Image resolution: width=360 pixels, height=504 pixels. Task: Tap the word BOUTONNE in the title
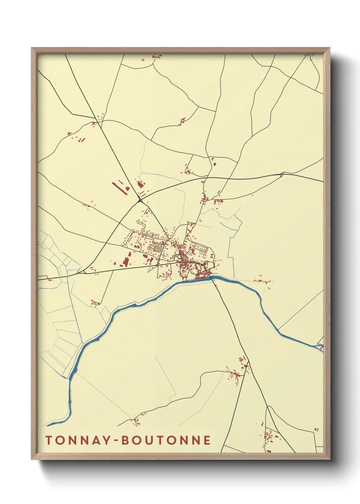point(166,440)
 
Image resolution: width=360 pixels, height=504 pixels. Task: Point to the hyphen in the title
point(117,441)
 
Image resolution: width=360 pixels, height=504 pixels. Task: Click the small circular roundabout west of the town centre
point(158,263)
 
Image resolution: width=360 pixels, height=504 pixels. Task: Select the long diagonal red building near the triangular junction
point(119,188)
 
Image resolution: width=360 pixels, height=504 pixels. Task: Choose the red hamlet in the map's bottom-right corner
point(271,436)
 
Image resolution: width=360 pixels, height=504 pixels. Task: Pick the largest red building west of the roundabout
point(126,262)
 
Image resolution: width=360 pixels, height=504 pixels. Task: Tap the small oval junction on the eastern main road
point(282,175)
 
